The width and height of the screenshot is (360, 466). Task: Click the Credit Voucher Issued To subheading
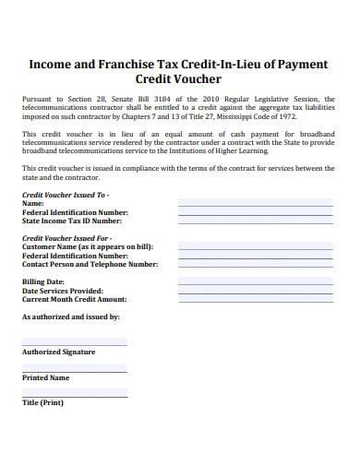(x=65, y=196)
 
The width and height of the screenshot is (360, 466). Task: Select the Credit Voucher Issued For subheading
(x=66, y=239)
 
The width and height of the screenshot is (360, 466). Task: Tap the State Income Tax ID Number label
(x=72, y=221)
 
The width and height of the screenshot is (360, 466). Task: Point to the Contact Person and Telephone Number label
(x=90, y=265)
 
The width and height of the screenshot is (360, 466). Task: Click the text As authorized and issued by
(x=70, y=317)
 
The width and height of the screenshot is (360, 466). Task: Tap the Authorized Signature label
(x=59, y=352)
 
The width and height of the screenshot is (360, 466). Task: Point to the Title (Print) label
(x=42, y=403)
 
